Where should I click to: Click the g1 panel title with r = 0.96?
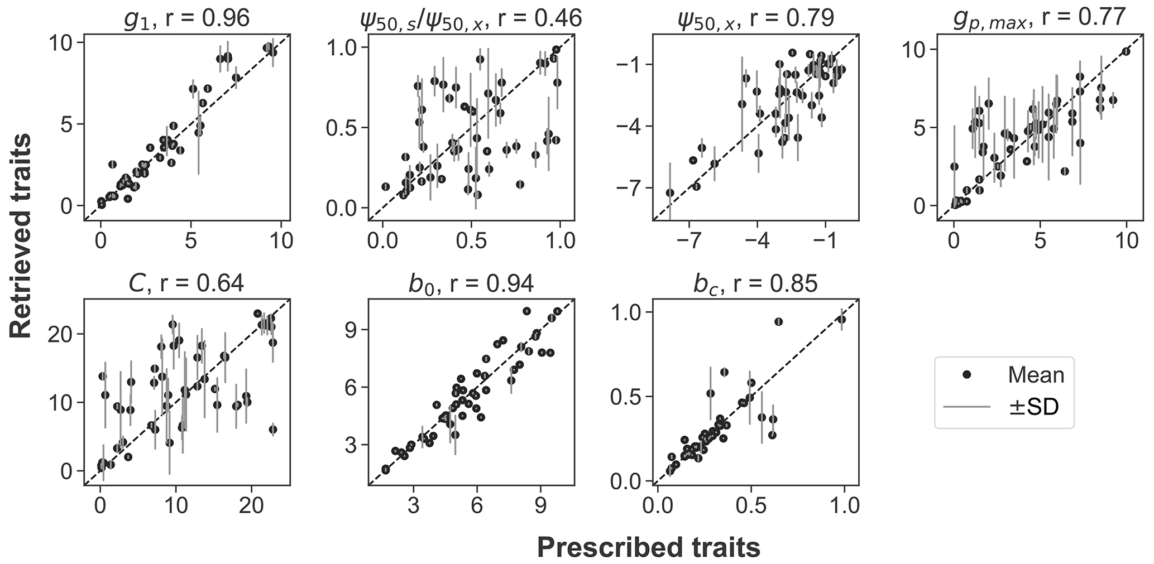tap(186, 18)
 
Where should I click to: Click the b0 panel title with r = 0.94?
tap(471, 283)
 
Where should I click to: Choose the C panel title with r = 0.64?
tap(186, 283)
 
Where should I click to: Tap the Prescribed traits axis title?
tap(648, 547)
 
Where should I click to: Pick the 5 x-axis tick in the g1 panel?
tap(191, 242)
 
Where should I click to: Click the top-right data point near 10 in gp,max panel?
tap(1126, 51)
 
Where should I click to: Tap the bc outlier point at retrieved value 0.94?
tap(778, 321)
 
